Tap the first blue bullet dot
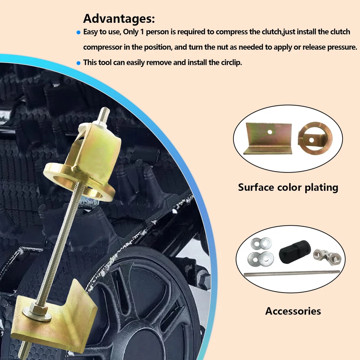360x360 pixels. pyautogui.click(x=78, y=33)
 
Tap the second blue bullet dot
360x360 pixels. pyautogui.click(x=78, y=63)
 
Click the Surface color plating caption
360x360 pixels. pyautogui.click(x=288, y=187)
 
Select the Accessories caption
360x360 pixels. pyautogui.click(x=293, y=311)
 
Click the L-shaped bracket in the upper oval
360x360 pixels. pyautogui.click(x=267, y=139)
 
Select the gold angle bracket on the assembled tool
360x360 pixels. pyautogui.click(x=56, y=315)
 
